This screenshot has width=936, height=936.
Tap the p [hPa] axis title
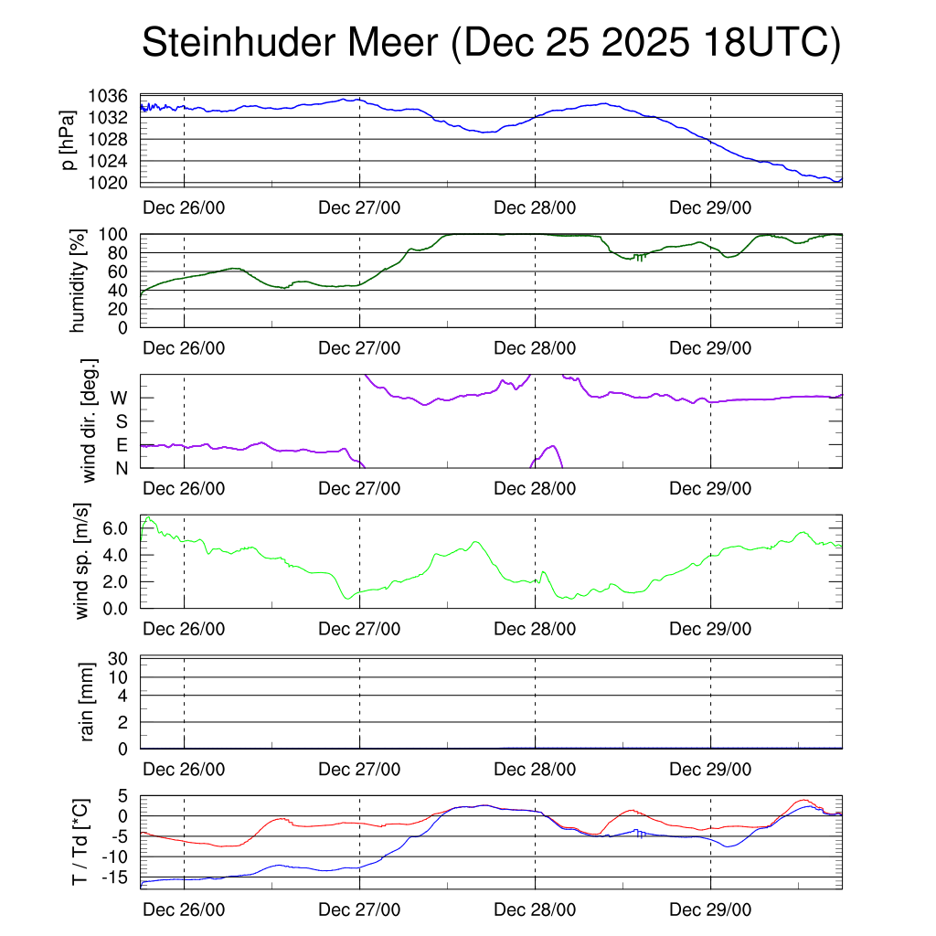[68, 140]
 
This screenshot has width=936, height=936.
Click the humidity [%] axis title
[77, 281]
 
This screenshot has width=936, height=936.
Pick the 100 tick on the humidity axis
[117, 235]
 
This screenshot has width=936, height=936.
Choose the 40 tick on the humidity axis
[122, 291]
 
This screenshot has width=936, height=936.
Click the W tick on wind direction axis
[119, 398]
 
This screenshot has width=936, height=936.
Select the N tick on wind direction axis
[121, 468]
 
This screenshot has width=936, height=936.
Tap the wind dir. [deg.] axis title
[90, 421]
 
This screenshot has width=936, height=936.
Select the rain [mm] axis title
[88, 703]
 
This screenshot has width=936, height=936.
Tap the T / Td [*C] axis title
[80, 842]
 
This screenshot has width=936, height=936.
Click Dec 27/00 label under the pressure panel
[360, 207]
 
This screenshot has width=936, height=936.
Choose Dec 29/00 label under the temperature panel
[711, 910]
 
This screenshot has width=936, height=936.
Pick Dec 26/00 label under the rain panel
[185, 770]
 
